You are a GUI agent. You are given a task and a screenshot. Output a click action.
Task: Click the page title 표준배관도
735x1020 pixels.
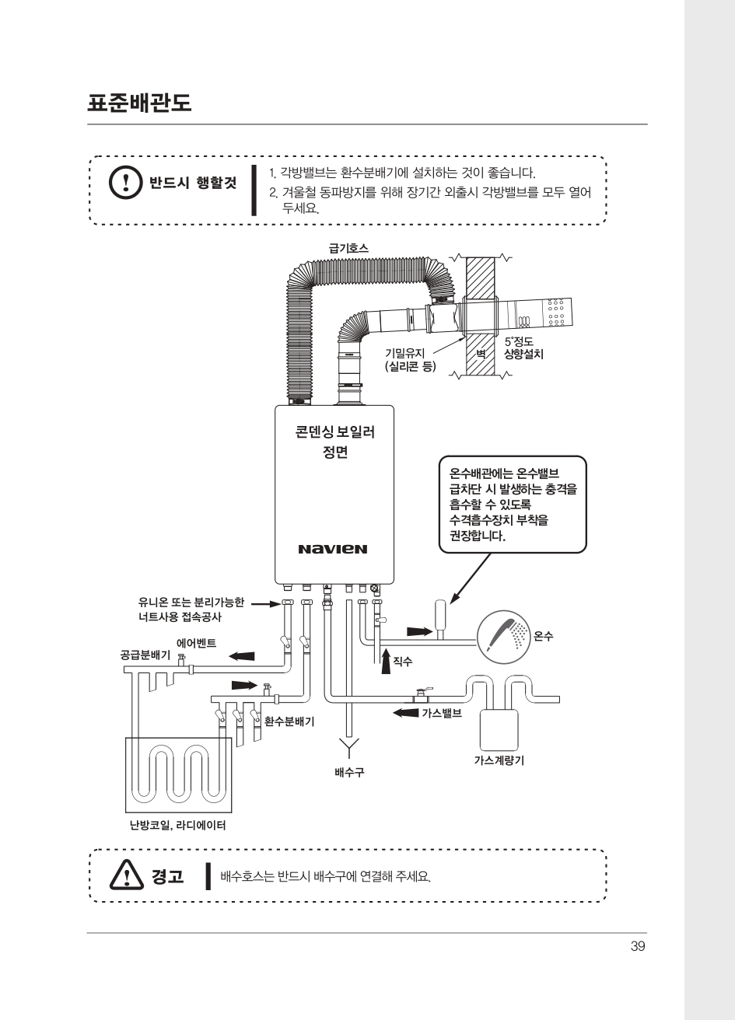pos(139,103)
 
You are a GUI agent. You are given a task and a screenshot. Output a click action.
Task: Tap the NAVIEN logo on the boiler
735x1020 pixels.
pos(333,549)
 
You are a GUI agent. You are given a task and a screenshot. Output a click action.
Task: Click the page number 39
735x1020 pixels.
pos(638,946)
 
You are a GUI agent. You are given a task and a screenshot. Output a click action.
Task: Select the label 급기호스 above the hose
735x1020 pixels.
pos(348,248)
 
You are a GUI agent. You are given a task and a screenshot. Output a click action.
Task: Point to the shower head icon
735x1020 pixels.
pos(503,637)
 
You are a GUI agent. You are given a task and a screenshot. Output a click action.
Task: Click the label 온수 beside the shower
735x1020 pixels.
pos(543,636)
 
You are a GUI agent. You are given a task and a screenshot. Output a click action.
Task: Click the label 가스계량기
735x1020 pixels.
pos(499,760)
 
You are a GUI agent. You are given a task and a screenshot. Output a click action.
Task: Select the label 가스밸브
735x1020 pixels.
pos(442,713)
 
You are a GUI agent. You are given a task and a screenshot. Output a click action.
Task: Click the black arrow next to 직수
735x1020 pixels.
pos(386,662)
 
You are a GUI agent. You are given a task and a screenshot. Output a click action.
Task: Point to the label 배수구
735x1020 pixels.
pos(349,772)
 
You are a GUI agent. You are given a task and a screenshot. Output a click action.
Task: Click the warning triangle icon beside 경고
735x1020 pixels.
pos(126,875)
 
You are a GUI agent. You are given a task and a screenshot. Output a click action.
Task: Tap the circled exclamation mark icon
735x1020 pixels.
pos(126,182)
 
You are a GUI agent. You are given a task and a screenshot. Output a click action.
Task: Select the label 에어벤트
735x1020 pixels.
pos(197,644)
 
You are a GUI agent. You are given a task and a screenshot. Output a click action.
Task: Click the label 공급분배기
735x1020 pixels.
pos(145,655)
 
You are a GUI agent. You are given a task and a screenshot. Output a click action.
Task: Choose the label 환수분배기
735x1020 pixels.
pos(289,721)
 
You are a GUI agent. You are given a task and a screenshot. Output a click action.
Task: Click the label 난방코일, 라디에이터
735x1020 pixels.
pos(177,825)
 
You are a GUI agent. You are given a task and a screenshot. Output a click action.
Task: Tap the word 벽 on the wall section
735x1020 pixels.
pos(481,354)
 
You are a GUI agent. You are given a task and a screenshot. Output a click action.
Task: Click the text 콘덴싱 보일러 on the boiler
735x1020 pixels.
pos(335,431)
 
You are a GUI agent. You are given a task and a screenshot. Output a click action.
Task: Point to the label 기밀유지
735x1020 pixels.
pos(405,353)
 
